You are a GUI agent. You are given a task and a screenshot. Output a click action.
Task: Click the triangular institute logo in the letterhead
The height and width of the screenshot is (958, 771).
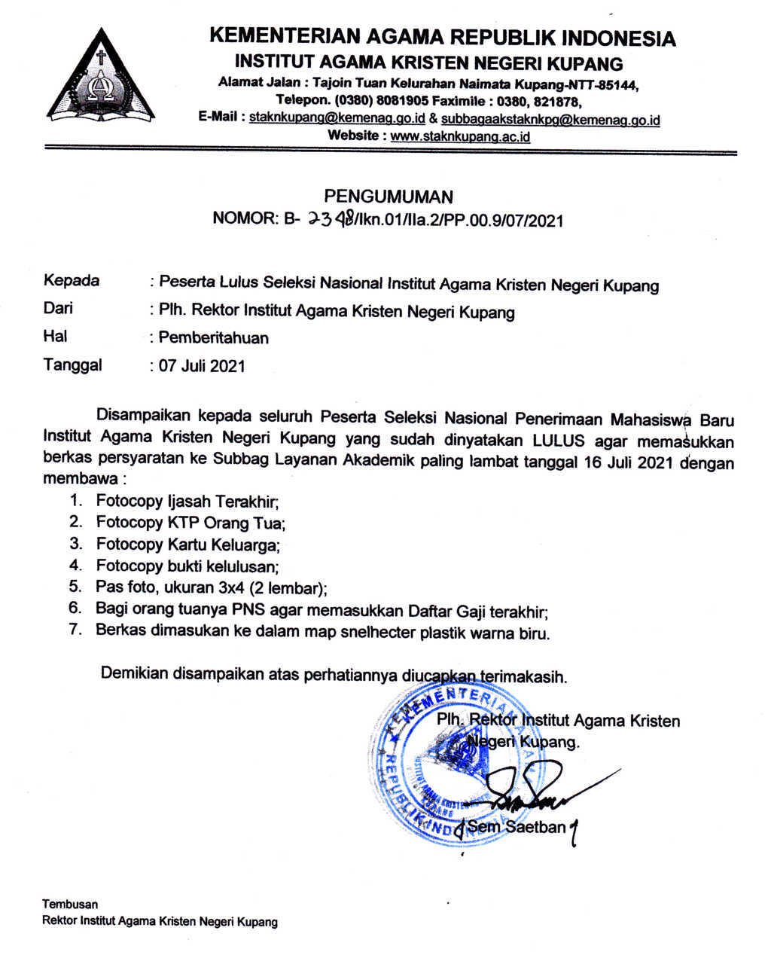point(100,78)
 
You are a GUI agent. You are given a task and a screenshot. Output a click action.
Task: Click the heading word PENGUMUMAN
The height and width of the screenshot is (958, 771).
point(389,197)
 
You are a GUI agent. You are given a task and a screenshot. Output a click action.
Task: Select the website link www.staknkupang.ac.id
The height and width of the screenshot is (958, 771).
point(461,136)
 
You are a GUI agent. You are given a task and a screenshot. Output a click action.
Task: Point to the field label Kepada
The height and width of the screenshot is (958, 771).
point(72,281)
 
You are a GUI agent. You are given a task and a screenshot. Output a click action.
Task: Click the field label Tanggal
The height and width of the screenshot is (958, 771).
point(73,365)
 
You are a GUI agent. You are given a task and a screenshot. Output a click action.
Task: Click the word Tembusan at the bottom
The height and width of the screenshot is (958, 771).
point(70,904)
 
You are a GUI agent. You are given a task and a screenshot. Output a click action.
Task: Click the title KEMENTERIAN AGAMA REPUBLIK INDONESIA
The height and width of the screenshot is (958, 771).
point(442,37)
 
